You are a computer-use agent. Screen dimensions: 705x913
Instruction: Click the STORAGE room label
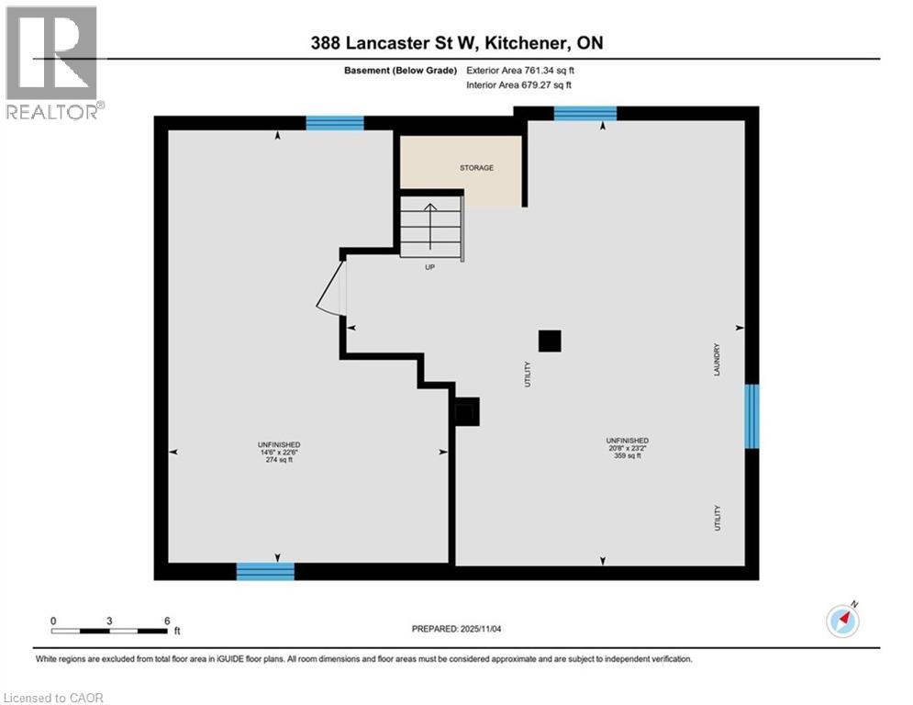tap(476, 168)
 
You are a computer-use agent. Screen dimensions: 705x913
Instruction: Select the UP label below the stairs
tap(429, 267)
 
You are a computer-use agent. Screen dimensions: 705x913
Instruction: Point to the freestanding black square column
tap(549, 341)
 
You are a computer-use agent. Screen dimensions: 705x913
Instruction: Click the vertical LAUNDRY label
tap(718, 359)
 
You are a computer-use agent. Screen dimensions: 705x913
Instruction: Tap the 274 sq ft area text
tap(279, 460)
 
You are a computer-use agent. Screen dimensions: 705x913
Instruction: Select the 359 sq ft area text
tap(627, 456)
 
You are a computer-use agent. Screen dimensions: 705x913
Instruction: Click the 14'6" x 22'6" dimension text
tap(279, 452)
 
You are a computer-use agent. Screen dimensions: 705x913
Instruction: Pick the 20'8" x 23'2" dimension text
tap(627, 448)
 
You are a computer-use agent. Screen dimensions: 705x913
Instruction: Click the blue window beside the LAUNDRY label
tap(752, 416)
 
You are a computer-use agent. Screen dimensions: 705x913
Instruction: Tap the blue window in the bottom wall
tap(265, 571)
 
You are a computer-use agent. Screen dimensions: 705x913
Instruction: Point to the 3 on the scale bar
tap(109, 621)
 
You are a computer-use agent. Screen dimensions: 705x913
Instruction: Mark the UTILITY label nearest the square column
tap(528, 373)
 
